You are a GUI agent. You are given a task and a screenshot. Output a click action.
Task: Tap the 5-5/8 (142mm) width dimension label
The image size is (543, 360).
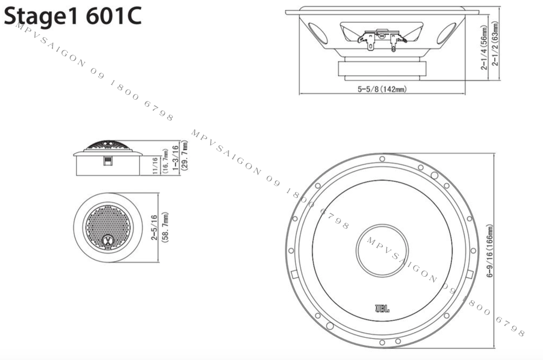point(382,89)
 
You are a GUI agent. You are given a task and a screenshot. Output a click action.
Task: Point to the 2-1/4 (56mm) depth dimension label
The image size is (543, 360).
point(485,50)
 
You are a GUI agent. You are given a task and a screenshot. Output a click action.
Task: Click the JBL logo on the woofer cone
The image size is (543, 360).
point(382,306)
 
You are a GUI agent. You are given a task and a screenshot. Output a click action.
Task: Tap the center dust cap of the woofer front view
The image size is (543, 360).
point(382,250)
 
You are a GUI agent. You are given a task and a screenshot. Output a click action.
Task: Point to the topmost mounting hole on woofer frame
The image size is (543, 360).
point(382,159)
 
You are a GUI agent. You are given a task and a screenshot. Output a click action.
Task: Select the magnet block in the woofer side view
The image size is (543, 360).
point(382,68)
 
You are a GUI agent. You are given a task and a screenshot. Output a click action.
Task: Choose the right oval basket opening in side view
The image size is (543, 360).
point(447,33)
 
